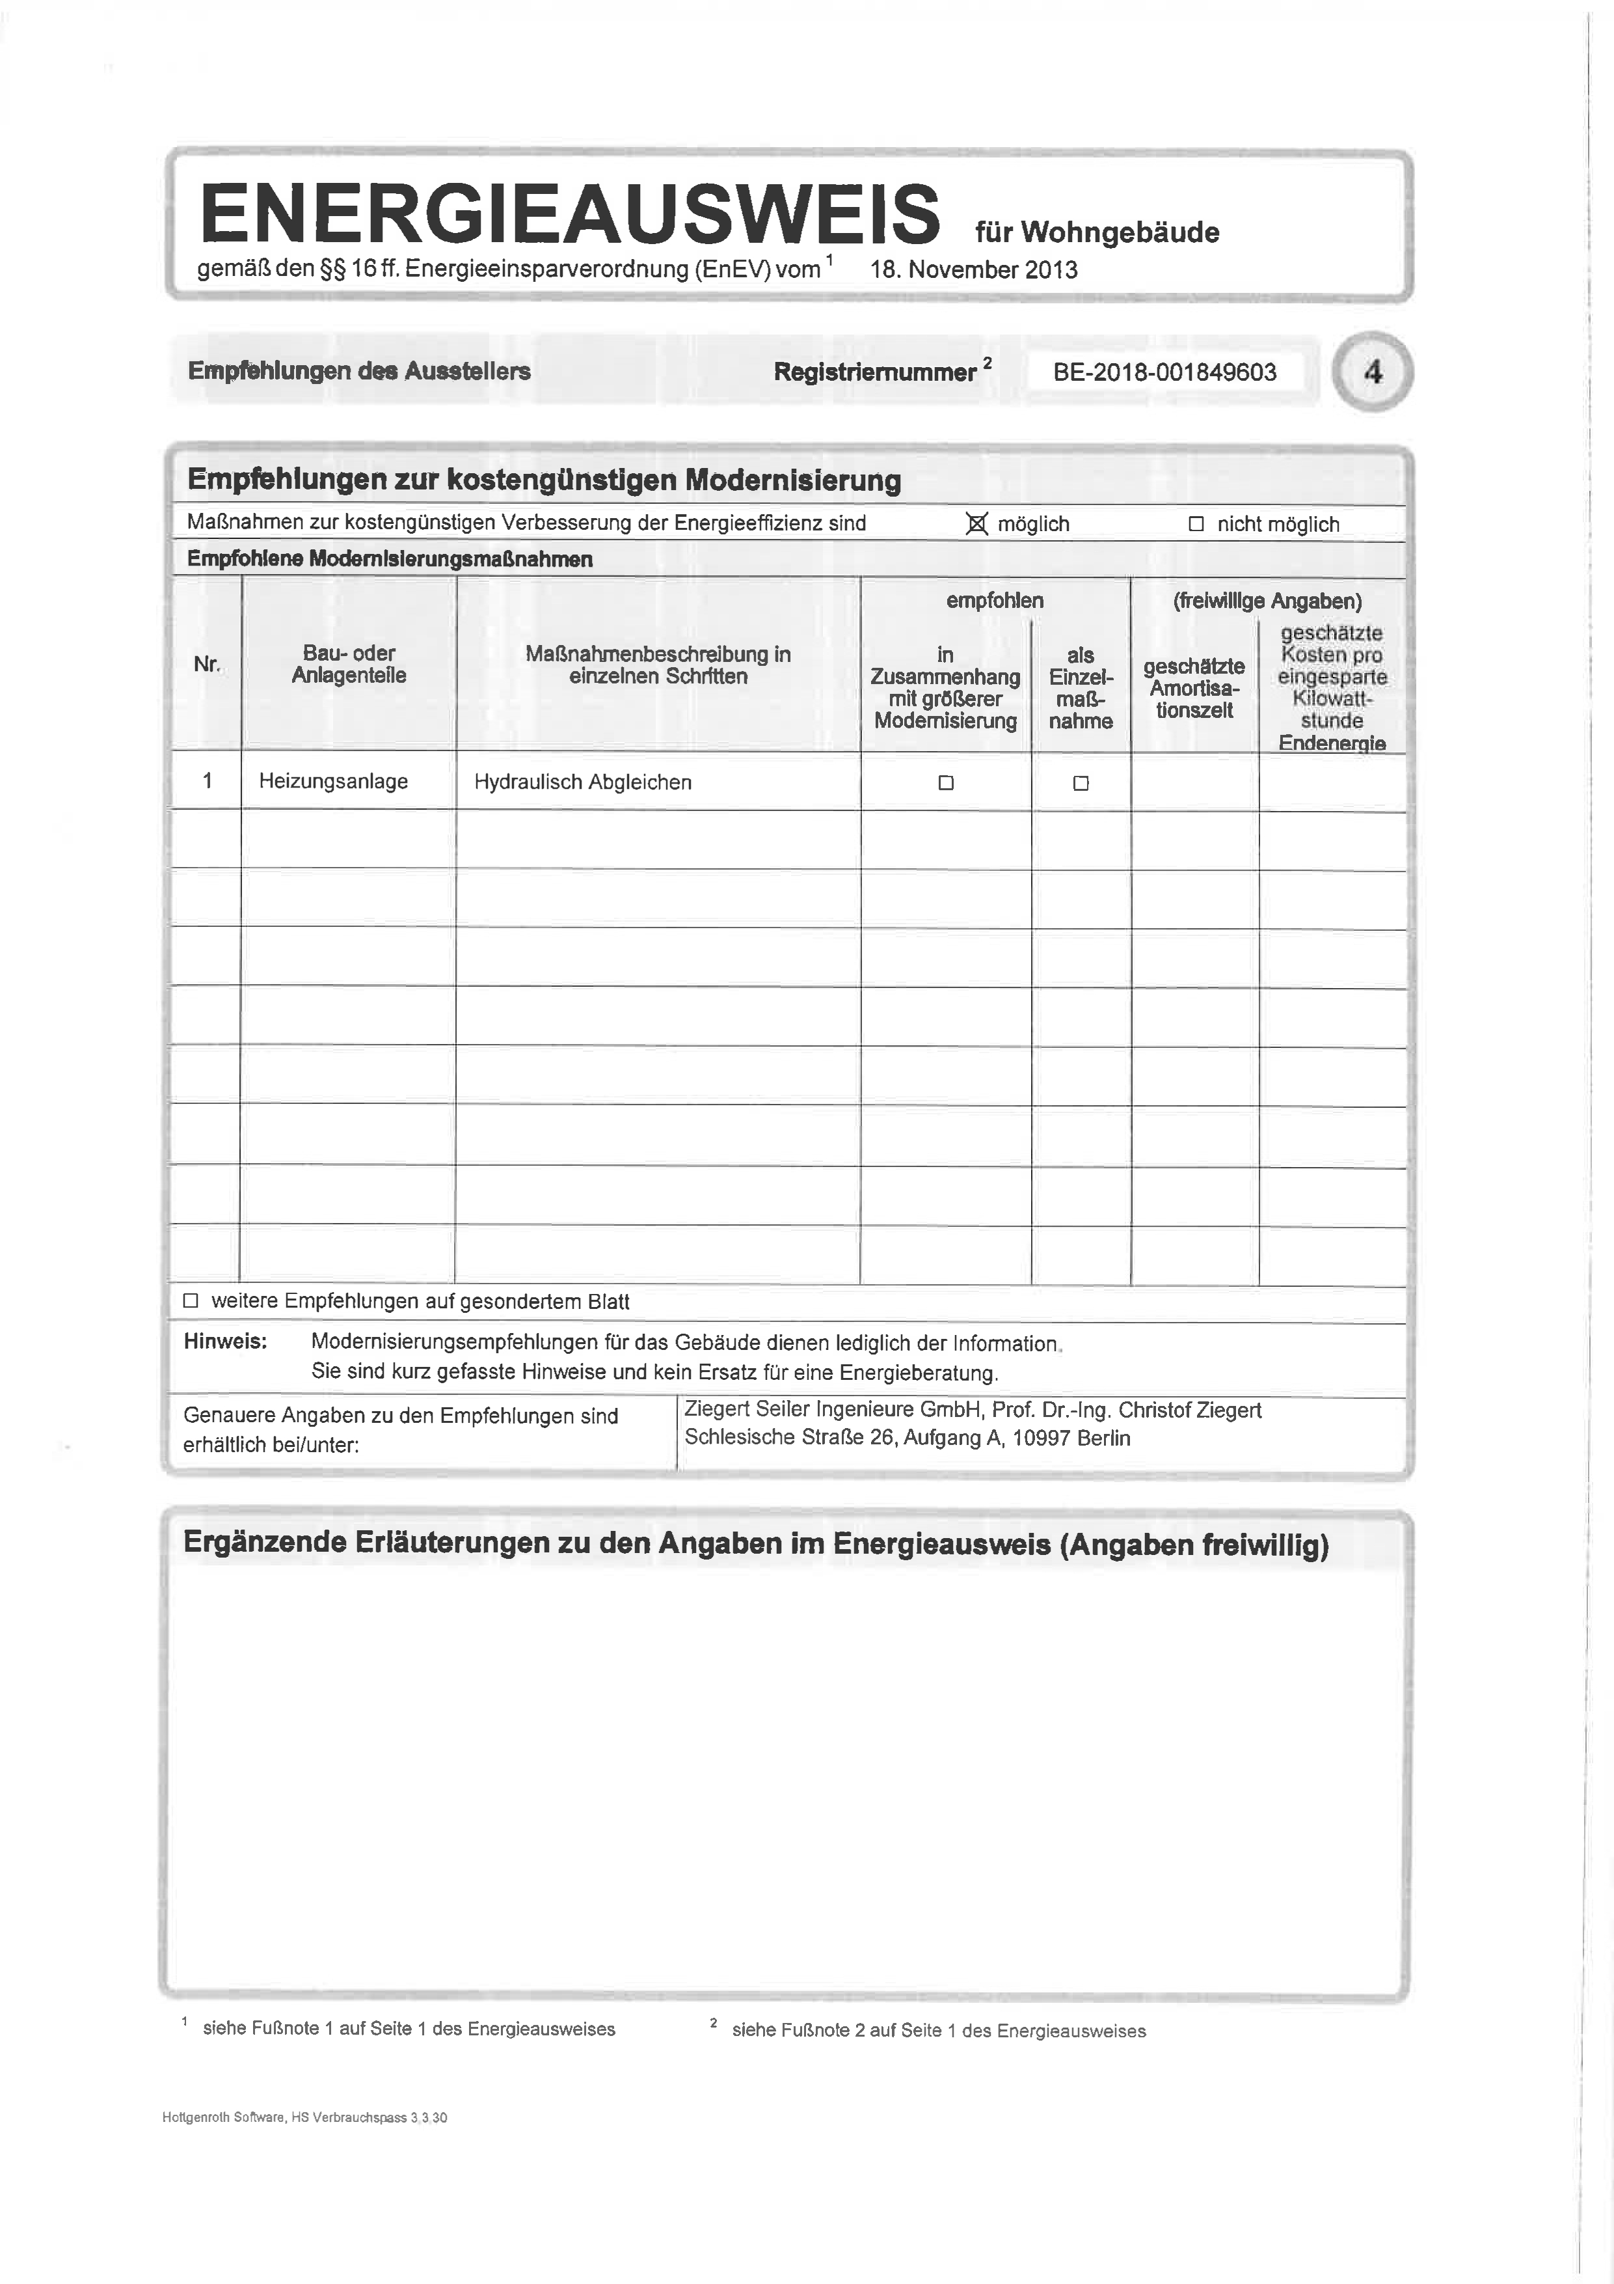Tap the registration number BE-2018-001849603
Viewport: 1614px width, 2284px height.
(x=1164, y=373)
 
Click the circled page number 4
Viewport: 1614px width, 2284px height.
(x=1373, y=372)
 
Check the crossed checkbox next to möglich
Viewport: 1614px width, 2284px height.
(x=976, y=524)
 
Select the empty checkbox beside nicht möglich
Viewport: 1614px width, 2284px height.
(x=1196, y=524)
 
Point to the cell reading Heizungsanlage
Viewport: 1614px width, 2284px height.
(x=333, y=782)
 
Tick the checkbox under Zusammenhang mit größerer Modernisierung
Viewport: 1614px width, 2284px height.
(x=946, y=784)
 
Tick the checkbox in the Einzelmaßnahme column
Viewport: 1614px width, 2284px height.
(x=1081, y=784)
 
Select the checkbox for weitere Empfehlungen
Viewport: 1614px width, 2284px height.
(x=191, y=1301)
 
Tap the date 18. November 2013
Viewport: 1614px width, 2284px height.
(x=974, y=269)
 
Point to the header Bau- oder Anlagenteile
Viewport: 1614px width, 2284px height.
(x=349, y=665)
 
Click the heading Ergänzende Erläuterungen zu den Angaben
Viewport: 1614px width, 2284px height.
(x=756, y=1545)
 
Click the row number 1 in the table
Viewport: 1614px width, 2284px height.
(x=207, y=782)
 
